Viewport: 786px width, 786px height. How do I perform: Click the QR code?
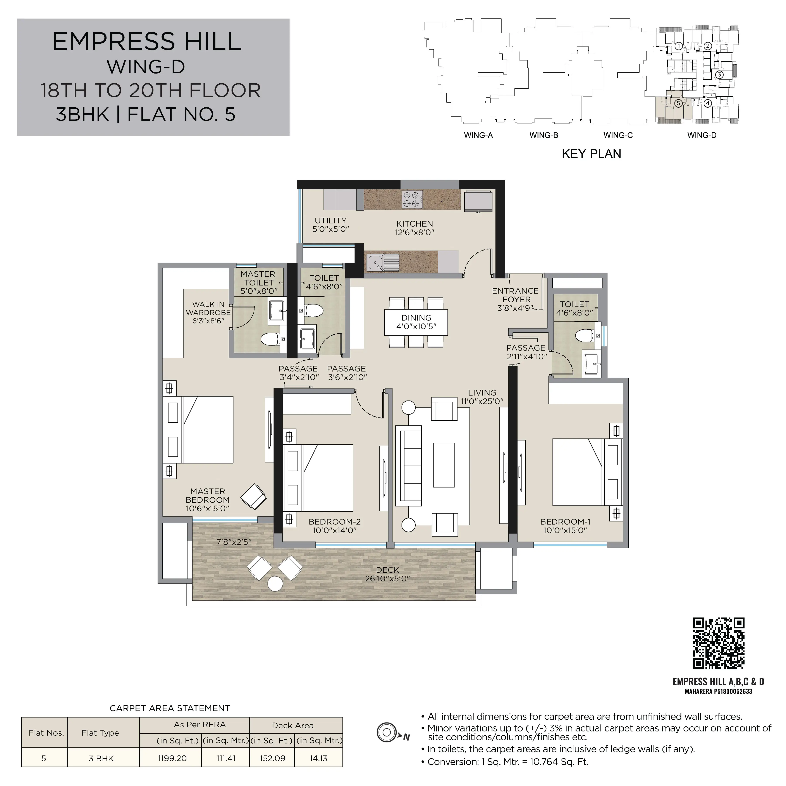pyautogui.click(x=719, y=643)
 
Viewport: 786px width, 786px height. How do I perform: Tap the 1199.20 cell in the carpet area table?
pyautogui.click(x=172, y=758)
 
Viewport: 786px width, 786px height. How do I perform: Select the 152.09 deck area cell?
pyautogui.click(x=272, y=758)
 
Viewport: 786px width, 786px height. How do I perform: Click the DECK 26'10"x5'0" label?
pyautogui.click(x=387, y=574)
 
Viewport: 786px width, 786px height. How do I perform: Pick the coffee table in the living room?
pyautogui.click(x=444, y=465)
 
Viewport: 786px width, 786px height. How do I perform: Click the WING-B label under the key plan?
pyautogui.click(x=543, y=135)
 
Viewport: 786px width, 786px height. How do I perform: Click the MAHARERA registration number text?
pyautogui.click(x=719, y=691)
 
